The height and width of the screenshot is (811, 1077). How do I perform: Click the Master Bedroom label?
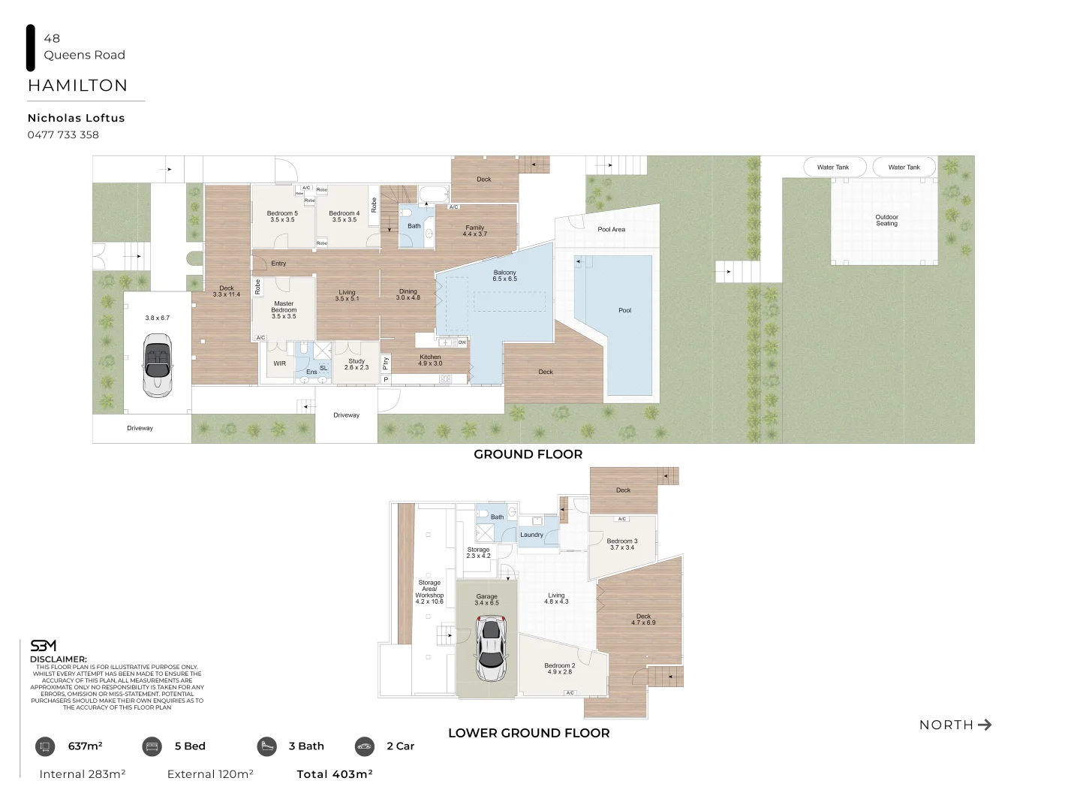[284, 309]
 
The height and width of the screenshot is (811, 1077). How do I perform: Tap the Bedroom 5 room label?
[282, 216]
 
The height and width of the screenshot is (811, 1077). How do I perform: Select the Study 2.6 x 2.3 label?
[356, 364]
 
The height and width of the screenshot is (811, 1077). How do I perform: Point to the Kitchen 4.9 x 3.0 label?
[430, 360]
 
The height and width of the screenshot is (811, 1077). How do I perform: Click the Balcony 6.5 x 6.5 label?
[504, 276]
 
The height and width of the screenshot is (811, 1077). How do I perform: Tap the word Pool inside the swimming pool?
[624, 310]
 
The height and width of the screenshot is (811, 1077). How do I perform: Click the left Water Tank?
[833, 167]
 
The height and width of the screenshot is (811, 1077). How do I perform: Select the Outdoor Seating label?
[886, 220]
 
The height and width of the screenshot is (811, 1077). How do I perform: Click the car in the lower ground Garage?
[490, 648]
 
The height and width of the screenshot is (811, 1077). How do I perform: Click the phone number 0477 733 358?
[63, 135]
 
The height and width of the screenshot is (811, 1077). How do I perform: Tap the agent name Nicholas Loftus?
[76, 118]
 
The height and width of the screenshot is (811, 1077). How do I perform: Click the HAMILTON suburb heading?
[77, 86]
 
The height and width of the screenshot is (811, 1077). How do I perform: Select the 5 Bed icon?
[152, 746]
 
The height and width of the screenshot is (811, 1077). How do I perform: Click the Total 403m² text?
[335, 774]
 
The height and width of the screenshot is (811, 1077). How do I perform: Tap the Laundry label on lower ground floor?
[531, 535]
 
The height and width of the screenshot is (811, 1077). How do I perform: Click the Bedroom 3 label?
[622, 544]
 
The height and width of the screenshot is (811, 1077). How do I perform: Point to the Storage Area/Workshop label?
[429, 592]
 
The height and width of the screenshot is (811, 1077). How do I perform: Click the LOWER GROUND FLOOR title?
[528, 733]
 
